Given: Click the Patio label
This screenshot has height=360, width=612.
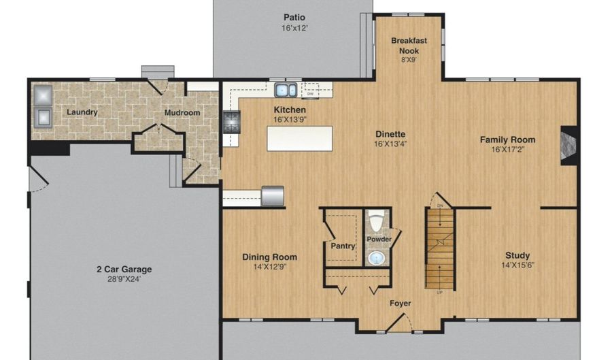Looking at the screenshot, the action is coord(294,17).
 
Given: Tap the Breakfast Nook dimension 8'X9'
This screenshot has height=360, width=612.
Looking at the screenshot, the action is coord(409,60).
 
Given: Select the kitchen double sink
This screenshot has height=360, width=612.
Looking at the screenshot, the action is coord(286,91).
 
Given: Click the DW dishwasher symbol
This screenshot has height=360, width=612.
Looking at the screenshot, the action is coord(310,91).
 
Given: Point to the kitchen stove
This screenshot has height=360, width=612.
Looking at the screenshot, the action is coord(231,122).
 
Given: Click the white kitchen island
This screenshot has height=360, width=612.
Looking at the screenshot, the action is coord(300,138).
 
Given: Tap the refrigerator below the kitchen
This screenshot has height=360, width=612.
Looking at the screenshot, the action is coord(273,195).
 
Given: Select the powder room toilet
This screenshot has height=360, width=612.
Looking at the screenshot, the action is coord(377,221).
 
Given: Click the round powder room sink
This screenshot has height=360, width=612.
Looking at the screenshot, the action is coord(377,258).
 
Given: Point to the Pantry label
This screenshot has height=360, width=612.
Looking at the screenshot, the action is coord(343,246).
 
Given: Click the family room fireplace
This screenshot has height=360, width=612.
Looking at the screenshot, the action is coord(568,145).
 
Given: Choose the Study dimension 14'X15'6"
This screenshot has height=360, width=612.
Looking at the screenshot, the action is coord(517,265).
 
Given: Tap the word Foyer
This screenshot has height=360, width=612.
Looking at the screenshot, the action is coord(400,304).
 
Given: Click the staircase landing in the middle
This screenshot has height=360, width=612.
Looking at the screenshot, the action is coord(440,242).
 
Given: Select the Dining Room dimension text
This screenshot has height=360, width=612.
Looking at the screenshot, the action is coord(270,267).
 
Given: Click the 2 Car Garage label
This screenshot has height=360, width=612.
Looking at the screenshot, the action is coord(124,269).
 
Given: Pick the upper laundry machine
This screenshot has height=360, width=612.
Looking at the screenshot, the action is coord(43,95).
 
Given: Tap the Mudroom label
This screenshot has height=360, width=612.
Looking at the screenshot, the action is coord(182,112).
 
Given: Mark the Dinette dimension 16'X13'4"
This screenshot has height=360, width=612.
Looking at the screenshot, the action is coord(390,144).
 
